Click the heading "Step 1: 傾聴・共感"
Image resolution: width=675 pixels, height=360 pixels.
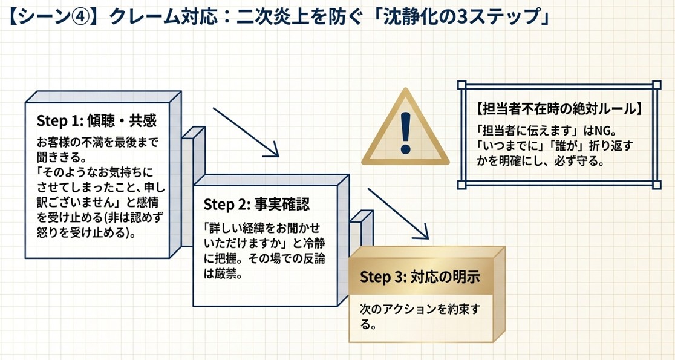(97, 120)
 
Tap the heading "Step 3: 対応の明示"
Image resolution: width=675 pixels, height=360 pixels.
(420, 277)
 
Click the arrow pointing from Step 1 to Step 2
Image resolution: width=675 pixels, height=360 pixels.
(245, 133)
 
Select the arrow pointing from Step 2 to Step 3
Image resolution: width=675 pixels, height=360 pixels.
(398, 214)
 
